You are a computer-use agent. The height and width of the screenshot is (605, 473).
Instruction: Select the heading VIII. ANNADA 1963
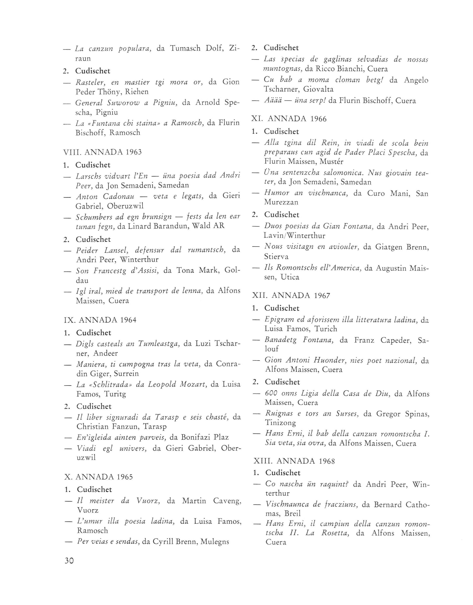(x=102, y=152)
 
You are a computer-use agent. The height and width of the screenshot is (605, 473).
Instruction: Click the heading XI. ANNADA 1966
(x=289, y=119)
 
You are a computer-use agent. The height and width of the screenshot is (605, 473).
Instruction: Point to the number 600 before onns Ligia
(x=271, y=394)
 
